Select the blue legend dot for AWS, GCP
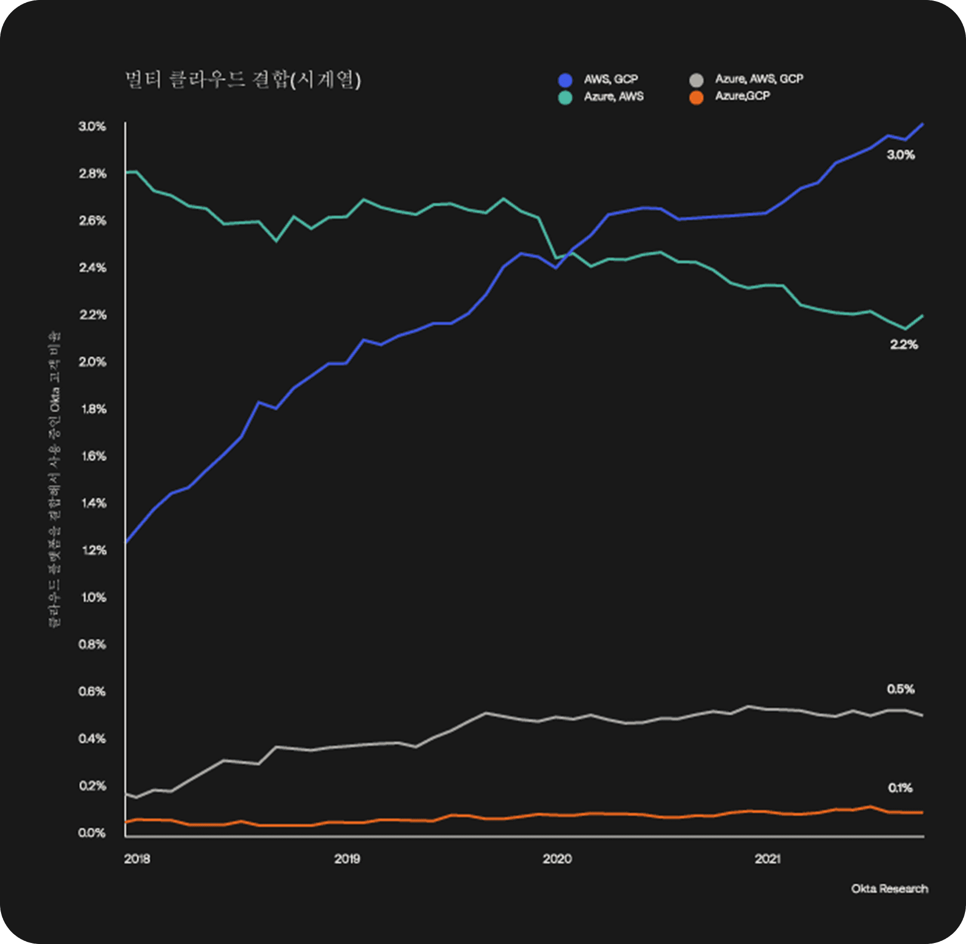(x=566, y=80)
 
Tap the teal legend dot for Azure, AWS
(x=566, y=98)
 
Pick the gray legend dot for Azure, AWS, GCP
(x=696, y=80)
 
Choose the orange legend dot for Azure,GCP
(x=696, y=98)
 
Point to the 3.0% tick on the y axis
(x=92, y=126)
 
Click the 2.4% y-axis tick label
(x=92, y=268)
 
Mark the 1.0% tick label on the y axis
(x=93, y=597)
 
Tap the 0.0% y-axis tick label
(x=92, y=833)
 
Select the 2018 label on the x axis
(x=137, y=859)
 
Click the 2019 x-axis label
(x=347, y=859)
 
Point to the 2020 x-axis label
(x=557, y=859)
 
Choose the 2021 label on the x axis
(x=768, y=859)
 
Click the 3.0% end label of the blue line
(x=901, y=155)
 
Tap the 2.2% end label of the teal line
(x=904, y=345)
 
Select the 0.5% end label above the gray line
(x=901, y=689)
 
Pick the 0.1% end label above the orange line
(x=900, y=788)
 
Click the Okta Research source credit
(x=890, y=889)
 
